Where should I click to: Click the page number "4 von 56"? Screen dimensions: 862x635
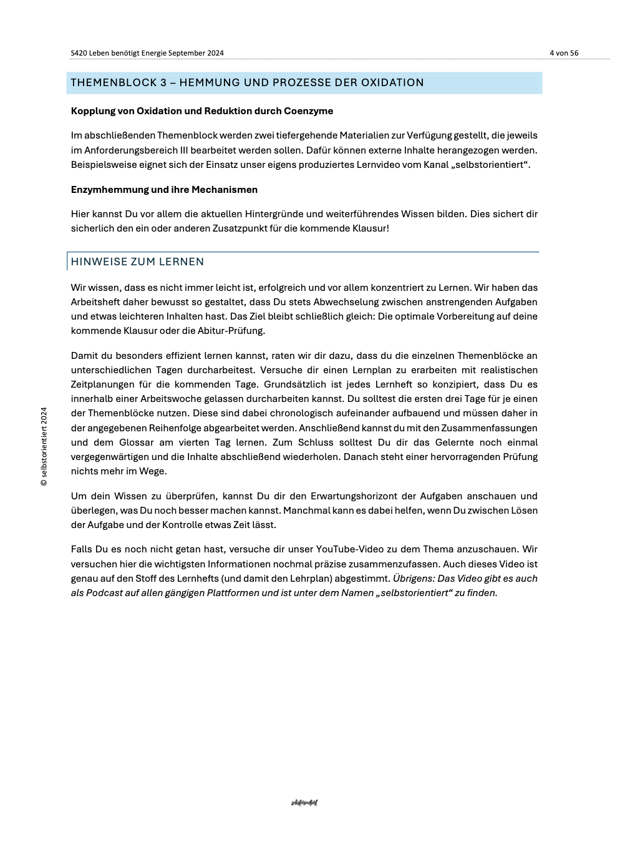tap(564, 53)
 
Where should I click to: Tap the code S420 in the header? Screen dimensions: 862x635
tap(79, 53)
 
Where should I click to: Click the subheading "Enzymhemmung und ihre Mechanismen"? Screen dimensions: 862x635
tap(164, 190)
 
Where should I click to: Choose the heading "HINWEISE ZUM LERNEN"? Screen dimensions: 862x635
tap(137, 262)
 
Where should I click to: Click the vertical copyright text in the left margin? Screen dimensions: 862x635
tap(44, 447)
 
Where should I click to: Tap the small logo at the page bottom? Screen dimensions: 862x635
tap(304, 803)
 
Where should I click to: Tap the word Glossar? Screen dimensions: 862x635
tap(137, 443)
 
